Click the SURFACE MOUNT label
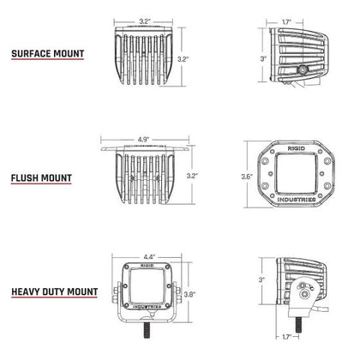(47, 53)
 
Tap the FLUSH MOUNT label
(41, 179)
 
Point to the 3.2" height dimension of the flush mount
(192, 175)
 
